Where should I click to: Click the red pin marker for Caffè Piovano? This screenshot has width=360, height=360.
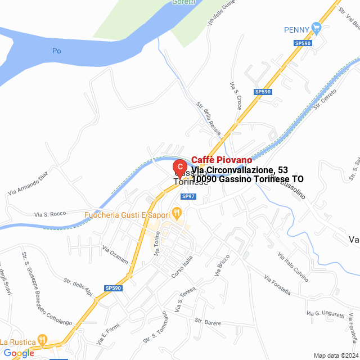point(179,168)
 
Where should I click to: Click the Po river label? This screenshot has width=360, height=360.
point(56,51)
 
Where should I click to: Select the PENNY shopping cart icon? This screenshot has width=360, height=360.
point(317,26)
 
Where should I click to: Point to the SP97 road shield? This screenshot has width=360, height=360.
point(188,196)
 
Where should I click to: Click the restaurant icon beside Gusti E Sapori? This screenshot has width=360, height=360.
point(177,213)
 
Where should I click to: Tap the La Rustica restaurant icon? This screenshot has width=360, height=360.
point(42,341)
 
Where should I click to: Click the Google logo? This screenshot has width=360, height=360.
point(18,353)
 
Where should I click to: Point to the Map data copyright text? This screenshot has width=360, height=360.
point(336,355)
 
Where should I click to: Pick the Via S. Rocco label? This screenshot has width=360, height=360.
point(50,214)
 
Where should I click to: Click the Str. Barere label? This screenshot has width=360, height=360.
point(206,323)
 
